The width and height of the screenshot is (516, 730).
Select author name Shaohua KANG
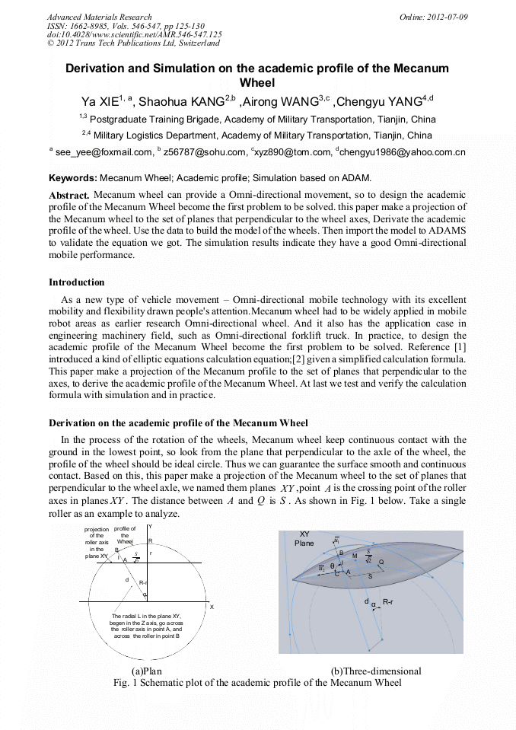click(181, 101)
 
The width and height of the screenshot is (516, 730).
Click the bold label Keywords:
click(73, 178)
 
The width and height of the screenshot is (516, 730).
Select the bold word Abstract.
click(69, 196)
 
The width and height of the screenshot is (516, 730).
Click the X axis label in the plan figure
click(212, 607)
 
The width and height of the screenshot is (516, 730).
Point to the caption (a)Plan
click(147, 671)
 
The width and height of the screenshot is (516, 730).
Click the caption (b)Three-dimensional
click(376, 671)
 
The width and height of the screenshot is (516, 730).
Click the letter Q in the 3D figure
click(381, 562)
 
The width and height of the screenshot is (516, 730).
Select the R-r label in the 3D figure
click(388, 602)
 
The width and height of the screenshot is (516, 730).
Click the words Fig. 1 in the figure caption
click(125, 683)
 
